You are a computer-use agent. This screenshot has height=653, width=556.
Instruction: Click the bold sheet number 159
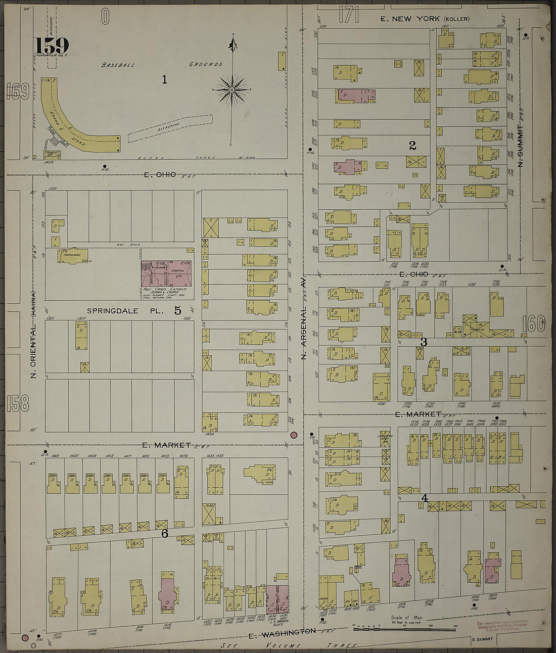(52, 45)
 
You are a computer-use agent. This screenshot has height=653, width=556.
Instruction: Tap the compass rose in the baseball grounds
(232, 90)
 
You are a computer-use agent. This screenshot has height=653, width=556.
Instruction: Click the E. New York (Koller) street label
(425, 19)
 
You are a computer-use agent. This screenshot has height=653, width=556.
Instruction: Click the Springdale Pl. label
(125, 311)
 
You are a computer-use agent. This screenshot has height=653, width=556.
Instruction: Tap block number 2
(412, 146)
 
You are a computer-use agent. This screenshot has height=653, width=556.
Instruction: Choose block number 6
(164, 533)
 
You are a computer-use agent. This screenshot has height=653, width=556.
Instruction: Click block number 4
(425, 498)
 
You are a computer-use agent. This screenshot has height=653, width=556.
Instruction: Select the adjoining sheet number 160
(534, 323)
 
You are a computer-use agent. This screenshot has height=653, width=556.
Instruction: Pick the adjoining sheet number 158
(18, 403)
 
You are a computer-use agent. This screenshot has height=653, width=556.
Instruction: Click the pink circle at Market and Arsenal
(294, 435)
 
